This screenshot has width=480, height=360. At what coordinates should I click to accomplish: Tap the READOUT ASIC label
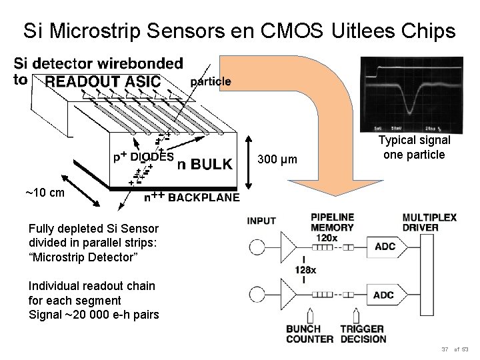tap(103, 81)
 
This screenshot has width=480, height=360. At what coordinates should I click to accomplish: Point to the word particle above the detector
tap(211, 81)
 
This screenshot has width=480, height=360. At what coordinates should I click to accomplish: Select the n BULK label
tap(205, 163)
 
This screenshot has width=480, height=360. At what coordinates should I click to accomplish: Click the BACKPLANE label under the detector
tap(203, 197)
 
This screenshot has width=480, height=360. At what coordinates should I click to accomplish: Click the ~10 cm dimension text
tap(45, 193)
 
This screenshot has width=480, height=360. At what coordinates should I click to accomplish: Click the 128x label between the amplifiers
tap(303, 269)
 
